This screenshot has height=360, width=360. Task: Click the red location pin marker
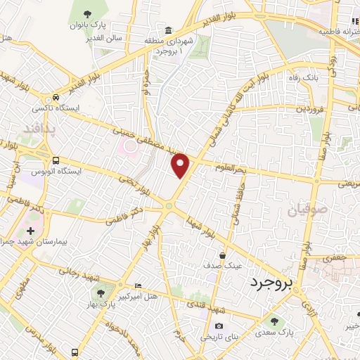[181, 165]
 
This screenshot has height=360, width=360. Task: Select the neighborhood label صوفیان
[307, 210]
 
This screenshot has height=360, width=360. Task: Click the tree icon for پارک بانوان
[87, 13]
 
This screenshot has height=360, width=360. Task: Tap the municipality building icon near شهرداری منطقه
[168, 30]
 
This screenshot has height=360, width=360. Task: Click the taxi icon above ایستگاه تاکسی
[56, 98]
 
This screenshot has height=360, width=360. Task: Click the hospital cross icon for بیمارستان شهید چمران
[30, 230]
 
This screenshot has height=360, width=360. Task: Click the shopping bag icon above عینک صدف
[222, 255]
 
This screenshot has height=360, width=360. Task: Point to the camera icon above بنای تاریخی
[219, 326]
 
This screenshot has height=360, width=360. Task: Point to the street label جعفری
[335, 258]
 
